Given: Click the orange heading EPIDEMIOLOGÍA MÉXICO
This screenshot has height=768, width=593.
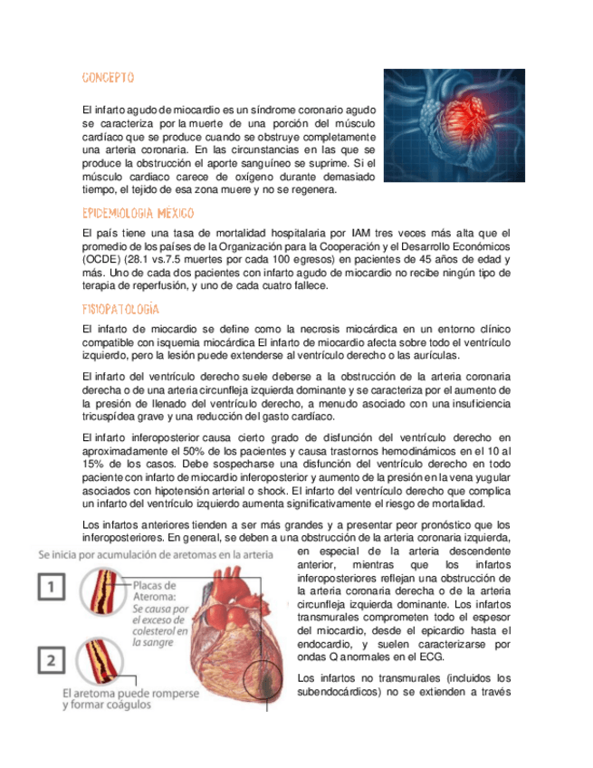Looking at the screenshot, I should pos(138,214).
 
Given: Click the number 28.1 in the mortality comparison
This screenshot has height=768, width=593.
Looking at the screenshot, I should pos(150,260).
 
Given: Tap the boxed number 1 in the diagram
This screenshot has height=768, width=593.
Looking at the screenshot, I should pos(53,590).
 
